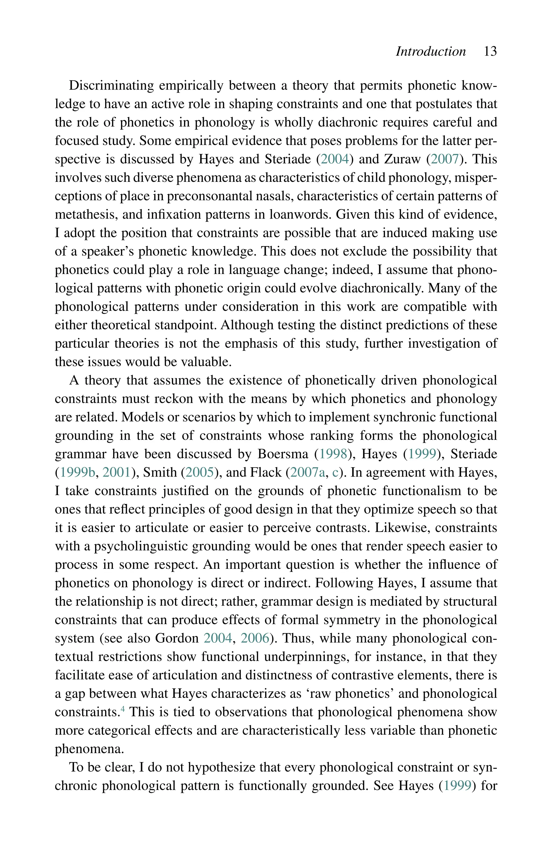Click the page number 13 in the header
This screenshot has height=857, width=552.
(x=490, y=51)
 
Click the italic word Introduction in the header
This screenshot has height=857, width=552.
(x=430, y=51)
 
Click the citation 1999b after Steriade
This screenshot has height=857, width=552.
(x=77, y=473)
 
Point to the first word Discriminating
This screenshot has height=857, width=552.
(x=111, y=86)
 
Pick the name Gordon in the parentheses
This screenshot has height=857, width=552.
(x=177, y=639)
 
